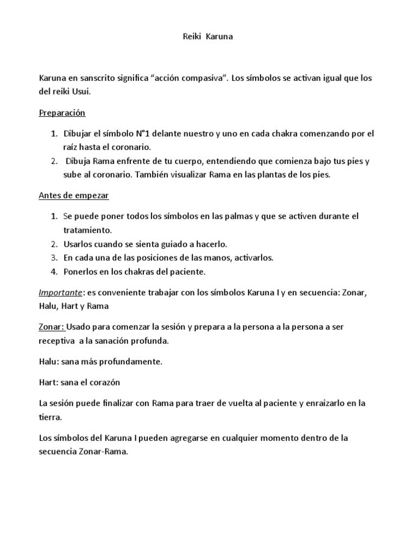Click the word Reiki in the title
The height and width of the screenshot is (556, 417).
point(189,37)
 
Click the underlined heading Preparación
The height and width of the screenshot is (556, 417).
point(62,113)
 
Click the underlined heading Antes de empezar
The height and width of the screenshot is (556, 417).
point(73,195)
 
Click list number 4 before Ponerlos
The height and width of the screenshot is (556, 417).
point(54,271)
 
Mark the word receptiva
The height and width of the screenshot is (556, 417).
point(56,340)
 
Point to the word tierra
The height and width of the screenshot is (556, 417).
point(50,416)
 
